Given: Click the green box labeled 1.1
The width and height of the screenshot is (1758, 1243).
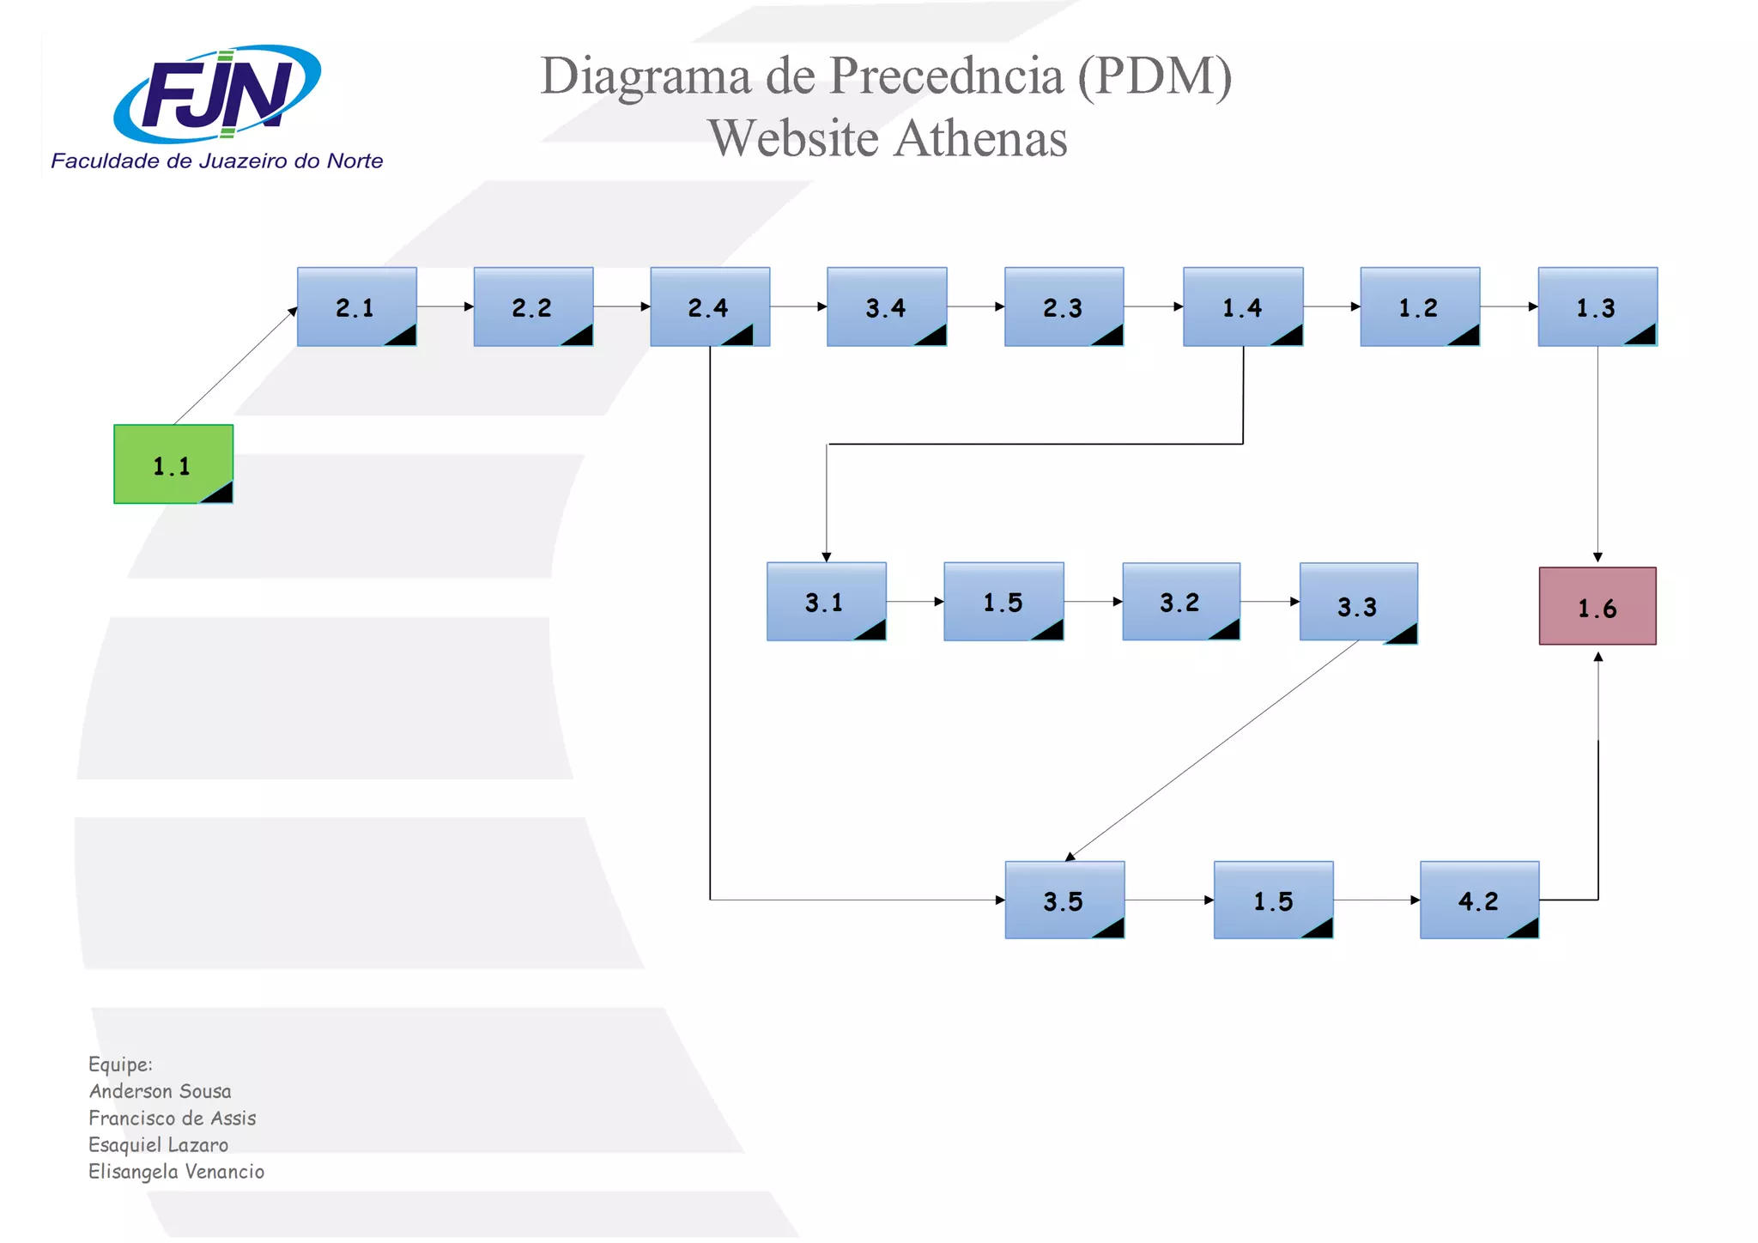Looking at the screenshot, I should [173, 464].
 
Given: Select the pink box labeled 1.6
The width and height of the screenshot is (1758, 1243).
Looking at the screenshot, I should [1597, 606].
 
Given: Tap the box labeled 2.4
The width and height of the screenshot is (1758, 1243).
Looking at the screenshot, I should [710, 306].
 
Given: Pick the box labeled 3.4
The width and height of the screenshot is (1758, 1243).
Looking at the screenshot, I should [887, 306].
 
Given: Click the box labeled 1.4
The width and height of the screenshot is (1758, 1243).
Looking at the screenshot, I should [1243, 306].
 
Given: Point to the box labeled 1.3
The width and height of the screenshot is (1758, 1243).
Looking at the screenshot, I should [1597, 306].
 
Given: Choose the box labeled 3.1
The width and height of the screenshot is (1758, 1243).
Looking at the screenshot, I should [826, 602].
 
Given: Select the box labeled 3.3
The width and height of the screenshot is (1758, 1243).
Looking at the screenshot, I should [1358, 603].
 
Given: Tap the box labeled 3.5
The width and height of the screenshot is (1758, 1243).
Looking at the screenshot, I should [1064, 900].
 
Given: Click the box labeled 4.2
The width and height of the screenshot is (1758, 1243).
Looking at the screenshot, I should [1479, 900].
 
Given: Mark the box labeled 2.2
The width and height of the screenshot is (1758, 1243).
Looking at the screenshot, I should [533, 306].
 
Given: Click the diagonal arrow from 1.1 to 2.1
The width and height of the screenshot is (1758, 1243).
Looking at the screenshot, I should [235, 366].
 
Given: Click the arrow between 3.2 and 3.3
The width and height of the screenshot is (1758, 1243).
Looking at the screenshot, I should [1270, 602].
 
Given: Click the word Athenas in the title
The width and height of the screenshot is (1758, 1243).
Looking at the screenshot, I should [981, 138].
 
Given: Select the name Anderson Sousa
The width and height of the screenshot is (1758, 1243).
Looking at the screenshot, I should [161, 1091].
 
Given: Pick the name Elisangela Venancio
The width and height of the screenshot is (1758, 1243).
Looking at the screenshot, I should [177, 1172].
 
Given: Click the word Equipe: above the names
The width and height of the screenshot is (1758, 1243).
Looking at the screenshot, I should [120, 1064].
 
